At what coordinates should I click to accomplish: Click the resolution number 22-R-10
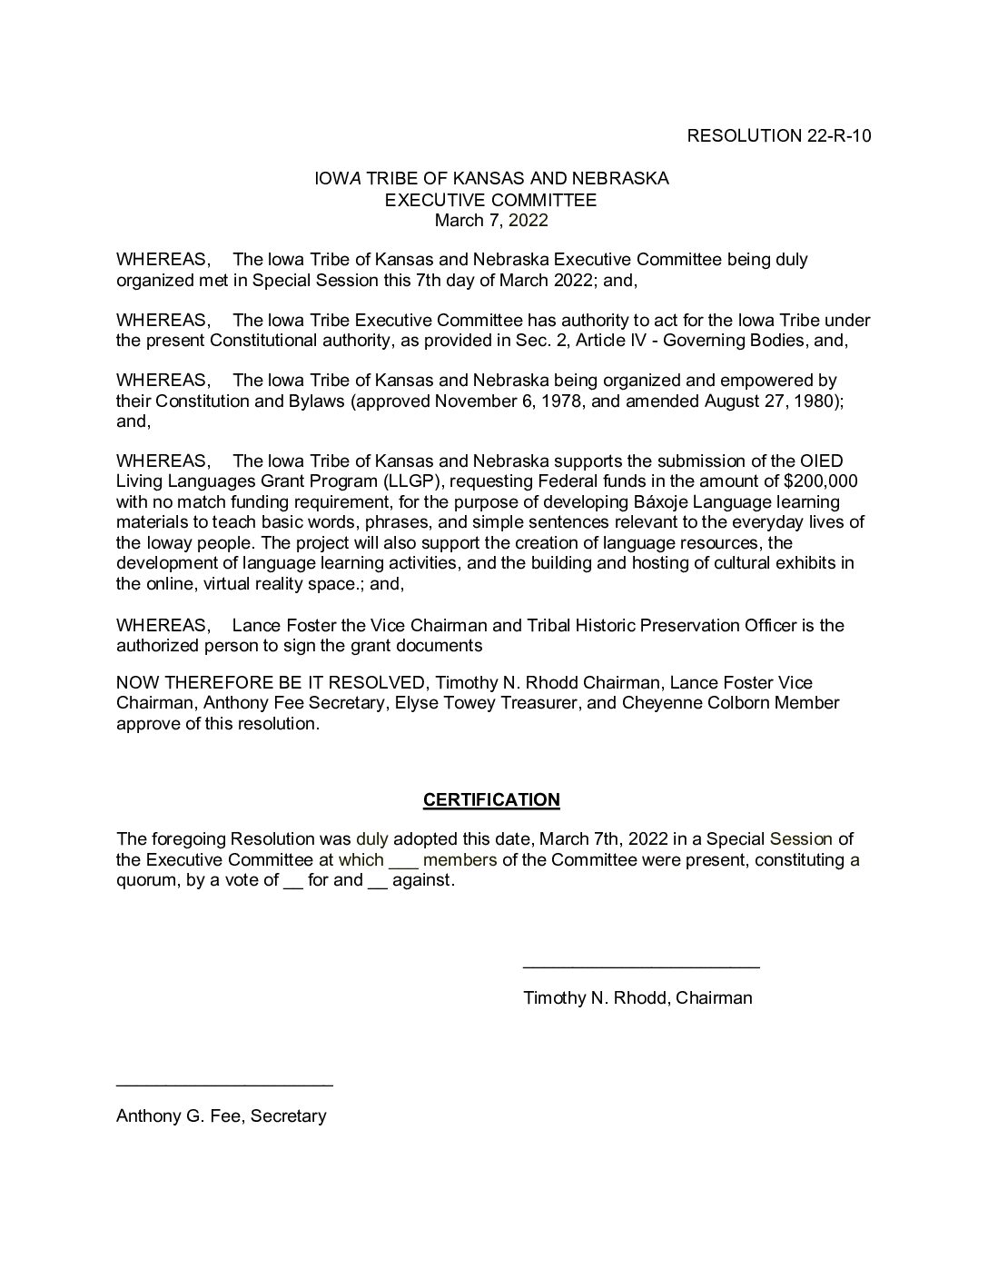click(838, 136)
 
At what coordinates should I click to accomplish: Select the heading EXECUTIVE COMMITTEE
click(491, 199)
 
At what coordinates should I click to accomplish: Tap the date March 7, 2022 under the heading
click(491, 220)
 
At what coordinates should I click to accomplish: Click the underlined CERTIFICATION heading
click(491, 799)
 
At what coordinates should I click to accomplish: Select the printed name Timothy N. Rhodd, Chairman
click(637, 997)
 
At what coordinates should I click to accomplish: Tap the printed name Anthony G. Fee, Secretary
click(221, 1115)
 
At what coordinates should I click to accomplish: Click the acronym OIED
click(824, 461)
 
